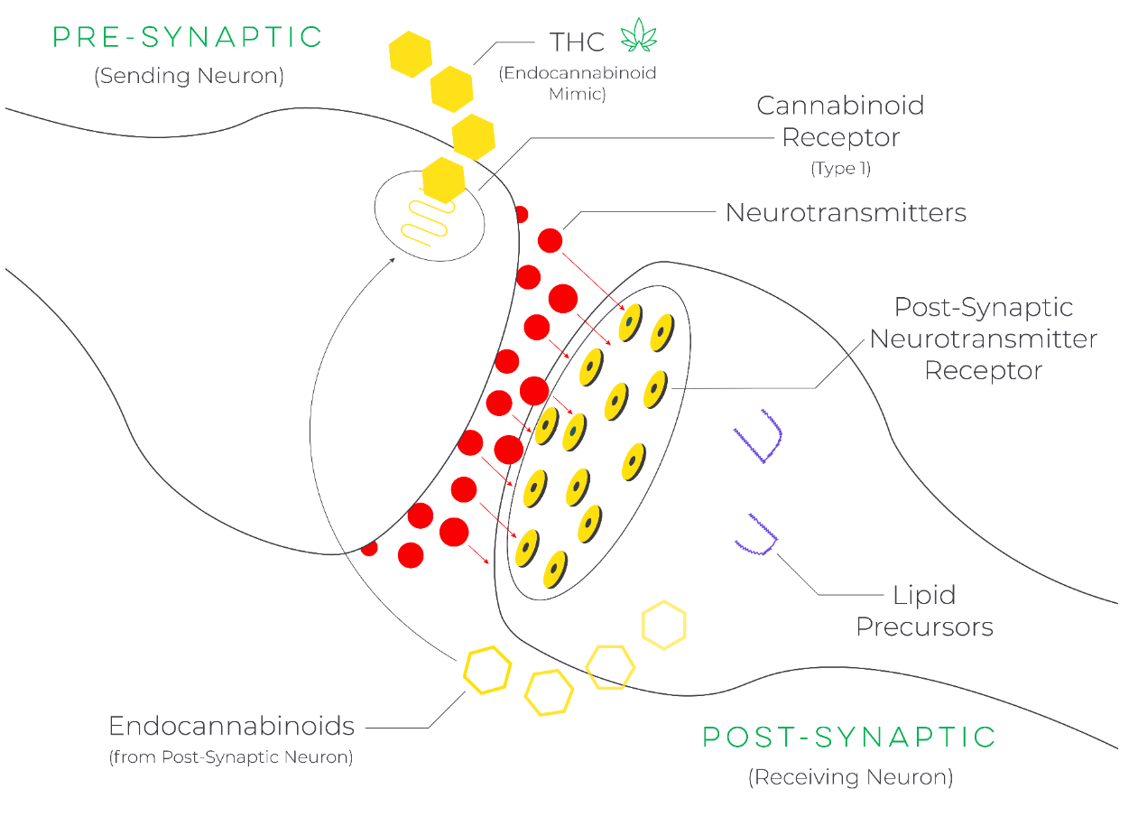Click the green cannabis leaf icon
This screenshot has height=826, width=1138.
638,36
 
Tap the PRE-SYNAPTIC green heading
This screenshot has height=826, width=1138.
188,37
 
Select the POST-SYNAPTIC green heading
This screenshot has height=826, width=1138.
849,737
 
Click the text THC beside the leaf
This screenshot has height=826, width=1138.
577,42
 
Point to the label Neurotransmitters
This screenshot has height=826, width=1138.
846,213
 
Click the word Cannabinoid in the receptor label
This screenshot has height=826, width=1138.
840,106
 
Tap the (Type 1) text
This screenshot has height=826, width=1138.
840,169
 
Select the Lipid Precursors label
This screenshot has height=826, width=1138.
924,611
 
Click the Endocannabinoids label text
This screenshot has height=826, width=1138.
231,726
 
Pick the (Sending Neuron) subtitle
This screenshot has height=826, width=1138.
189,76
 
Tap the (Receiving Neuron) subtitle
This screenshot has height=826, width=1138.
850,776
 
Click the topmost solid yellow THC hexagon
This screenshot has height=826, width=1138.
411,53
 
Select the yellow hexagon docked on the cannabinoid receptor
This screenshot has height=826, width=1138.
443,180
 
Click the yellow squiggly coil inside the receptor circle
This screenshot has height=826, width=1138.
425,219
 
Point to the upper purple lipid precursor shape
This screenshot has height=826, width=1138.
762,437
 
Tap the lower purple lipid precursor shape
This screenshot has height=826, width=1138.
757,535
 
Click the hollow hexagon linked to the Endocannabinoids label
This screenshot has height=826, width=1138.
487,670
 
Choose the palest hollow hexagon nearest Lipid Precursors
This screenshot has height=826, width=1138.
663,625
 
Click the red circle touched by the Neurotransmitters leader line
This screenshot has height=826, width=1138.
550,240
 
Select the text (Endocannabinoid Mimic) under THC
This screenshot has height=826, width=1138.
578,83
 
